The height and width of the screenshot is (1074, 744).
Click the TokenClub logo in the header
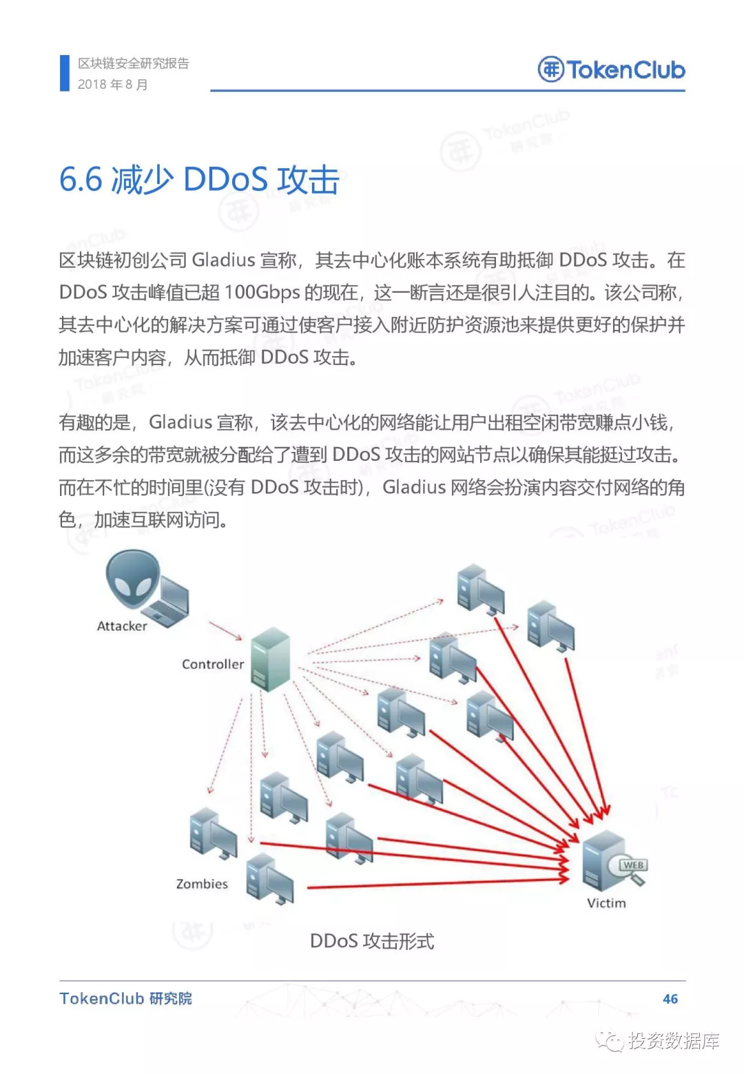coord(611,70)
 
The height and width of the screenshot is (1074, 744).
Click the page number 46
coord(670,999)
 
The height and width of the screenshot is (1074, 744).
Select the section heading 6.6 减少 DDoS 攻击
coord(199,180)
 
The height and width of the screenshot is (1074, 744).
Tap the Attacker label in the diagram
coord(122,626)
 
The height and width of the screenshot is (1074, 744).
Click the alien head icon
coord(132,578)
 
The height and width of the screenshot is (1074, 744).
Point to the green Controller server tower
coord(270,659)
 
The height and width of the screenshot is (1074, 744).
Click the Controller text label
coord(213,664)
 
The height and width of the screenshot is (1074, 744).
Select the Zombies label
coord(202,884)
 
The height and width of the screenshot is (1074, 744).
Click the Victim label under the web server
coord(606,903)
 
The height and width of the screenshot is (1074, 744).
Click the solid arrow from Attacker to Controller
coord(225,631)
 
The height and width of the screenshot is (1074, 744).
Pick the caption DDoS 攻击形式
coord(372,941)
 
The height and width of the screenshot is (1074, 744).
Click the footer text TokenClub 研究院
coord(125,998)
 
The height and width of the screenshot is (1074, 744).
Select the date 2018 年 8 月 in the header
coord(113,84)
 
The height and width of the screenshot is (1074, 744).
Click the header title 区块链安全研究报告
coord(134,63)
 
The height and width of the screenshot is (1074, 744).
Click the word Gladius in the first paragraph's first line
coord(223,260)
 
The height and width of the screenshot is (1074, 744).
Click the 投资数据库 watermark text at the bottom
coord(674,1040)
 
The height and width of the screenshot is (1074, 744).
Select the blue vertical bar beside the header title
coord(64,73)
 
